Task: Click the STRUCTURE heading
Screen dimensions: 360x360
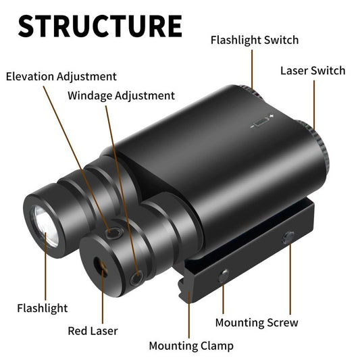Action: tap(100, 26)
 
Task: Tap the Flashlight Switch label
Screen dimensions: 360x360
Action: tap(255, 41)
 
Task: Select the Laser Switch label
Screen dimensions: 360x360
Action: tap(313, 70)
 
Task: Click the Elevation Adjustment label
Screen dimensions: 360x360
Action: tap(61, 77)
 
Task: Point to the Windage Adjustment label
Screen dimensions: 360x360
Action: tap(121, 96)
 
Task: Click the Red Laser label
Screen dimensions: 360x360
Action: tap(93, 331)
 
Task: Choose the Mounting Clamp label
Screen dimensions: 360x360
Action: tap(191, 346)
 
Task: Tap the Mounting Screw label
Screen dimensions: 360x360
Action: tap(257, 323)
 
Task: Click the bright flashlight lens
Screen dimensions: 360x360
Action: tap(46, 226)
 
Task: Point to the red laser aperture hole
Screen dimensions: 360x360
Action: tap(101, 267)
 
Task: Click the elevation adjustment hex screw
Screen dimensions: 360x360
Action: tap(113, 233)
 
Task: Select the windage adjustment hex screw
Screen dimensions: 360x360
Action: tap(136, 278)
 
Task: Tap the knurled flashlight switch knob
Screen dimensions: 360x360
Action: tap(253, 91)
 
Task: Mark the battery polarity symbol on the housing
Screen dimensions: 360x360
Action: tap(261, 121)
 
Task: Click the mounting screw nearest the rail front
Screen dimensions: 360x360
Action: tap(224, 276)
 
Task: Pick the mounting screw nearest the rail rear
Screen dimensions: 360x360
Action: tap(288, 237)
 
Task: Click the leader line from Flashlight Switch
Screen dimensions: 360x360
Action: tap(252, 69)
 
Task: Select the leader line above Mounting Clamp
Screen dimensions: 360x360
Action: tap(189, 315)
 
